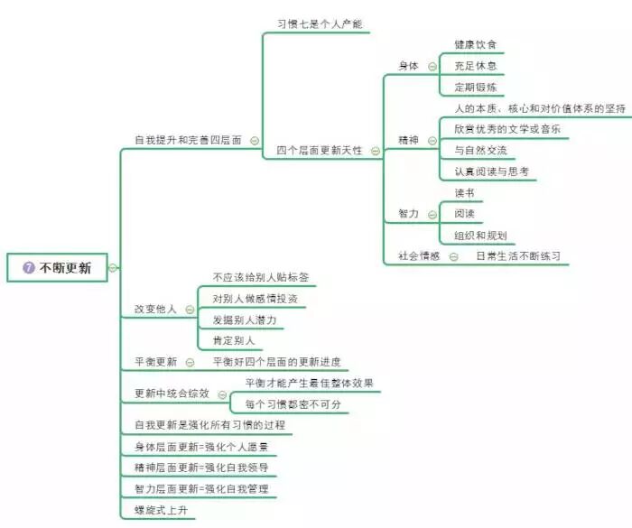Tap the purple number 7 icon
point(29,268)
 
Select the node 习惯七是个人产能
point(320,23)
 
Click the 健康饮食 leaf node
point(476,44)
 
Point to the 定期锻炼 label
point(476,87)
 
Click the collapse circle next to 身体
point(433,65)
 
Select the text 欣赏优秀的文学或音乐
point(507,129)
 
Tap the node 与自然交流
point(481,150)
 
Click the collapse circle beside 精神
point(433,140)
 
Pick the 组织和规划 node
point(481,236)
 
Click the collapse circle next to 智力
point(433,214)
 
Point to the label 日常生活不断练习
point(518,256)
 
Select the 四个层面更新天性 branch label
point(320,151)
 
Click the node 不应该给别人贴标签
point(261,277)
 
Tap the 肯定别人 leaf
point(234,341)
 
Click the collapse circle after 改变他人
point(190,310)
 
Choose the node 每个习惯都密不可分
point(293,404)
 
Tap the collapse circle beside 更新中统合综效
point(222,394)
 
